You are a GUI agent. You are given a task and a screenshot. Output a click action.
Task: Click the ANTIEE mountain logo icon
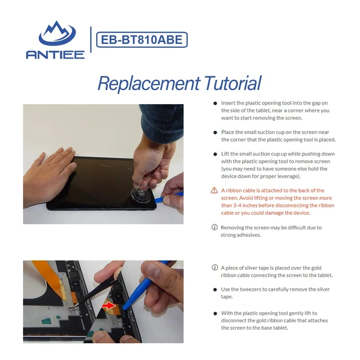tap(57, 34)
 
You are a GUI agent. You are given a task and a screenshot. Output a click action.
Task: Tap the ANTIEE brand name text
tap(55, 55)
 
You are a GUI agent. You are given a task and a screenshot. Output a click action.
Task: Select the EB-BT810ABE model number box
tap(142, 40)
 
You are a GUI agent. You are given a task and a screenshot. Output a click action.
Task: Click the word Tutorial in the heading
tap(232, 83)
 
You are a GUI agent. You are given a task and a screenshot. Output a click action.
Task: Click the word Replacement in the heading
tap(148, 83)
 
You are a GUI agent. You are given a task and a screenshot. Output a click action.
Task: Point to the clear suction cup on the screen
tap(141, 195)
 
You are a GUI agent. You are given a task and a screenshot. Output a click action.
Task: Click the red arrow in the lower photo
tap(109, 305)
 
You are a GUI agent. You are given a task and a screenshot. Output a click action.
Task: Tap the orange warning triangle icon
tap(214, 190)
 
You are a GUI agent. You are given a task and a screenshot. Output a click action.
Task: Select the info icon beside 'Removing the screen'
tap(214, 227)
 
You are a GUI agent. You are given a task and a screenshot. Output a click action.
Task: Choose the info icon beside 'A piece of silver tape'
tap(215, 268)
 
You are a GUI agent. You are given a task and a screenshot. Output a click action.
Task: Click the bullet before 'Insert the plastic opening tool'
tap(215, 103)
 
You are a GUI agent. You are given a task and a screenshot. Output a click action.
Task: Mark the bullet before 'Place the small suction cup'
tap(215, 133)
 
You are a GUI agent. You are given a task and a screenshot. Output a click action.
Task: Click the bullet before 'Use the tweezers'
tap(215, 290)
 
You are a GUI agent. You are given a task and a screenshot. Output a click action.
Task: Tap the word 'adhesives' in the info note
tap(249, 235)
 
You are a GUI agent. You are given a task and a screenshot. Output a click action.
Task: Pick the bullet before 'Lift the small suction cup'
tap(215, 154)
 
